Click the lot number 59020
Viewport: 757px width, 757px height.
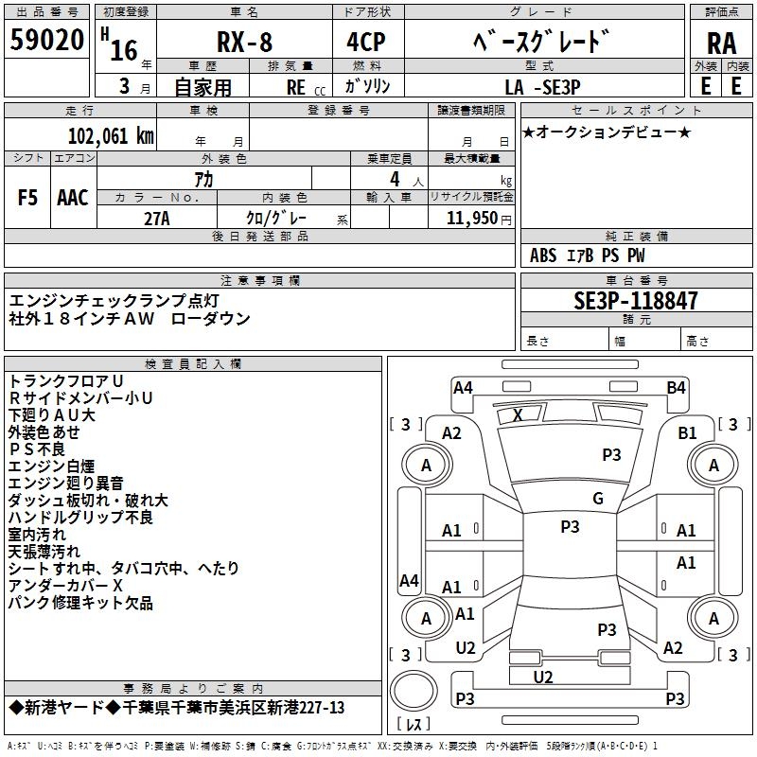[47, 42]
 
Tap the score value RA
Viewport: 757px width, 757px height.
[721, 43]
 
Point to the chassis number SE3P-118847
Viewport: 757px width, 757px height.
[636, 301]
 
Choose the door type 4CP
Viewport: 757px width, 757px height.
[359, 43]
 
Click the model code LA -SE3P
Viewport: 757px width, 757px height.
[542, 86]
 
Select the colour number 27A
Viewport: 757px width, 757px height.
[156, 217]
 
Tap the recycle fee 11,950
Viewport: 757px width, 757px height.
[470, 217]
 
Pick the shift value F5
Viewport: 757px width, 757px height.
[28, 197]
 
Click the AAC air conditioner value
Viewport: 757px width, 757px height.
[73, 197]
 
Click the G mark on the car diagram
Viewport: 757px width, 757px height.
[598, 499]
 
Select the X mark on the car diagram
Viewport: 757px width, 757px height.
[518, 414]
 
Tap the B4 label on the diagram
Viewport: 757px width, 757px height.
[676, 387]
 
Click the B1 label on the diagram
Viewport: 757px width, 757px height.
[688, 432]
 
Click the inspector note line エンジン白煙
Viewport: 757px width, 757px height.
[52, 466]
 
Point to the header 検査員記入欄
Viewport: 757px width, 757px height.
[193, 364]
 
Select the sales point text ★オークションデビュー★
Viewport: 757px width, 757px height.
[607, 132]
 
